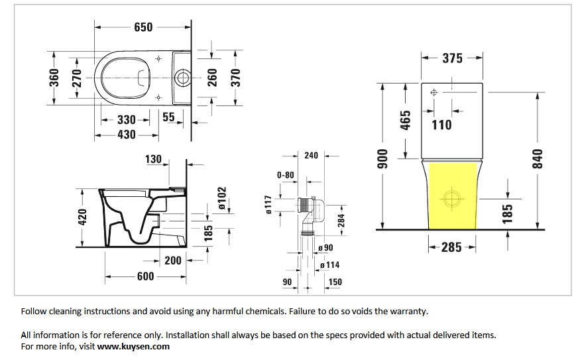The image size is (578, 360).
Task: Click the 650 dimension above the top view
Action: pyautogui.click(x=143, y=27)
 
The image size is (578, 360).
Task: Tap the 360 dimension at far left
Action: pyautogui.click(x=54, y=78)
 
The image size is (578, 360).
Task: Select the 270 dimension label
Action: pyautogui.click(x=77, y=78)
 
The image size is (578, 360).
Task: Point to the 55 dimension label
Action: pyautogui.click(x=168, y=117)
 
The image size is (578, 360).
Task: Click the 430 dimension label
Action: pyautogui.click(x=127, y=135)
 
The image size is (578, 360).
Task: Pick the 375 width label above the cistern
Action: pyautogui.click(x=452, y=58)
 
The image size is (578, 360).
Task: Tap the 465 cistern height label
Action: pyautogui.click(x=405, y=120)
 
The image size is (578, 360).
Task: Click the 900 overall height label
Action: pyautogui.click(x=383, y=159)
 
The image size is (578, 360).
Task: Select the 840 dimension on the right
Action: pyautogui.click(x=538, y=159)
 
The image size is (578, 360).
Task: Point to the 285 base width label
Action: pyautogui.click(x=451, y=247)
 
